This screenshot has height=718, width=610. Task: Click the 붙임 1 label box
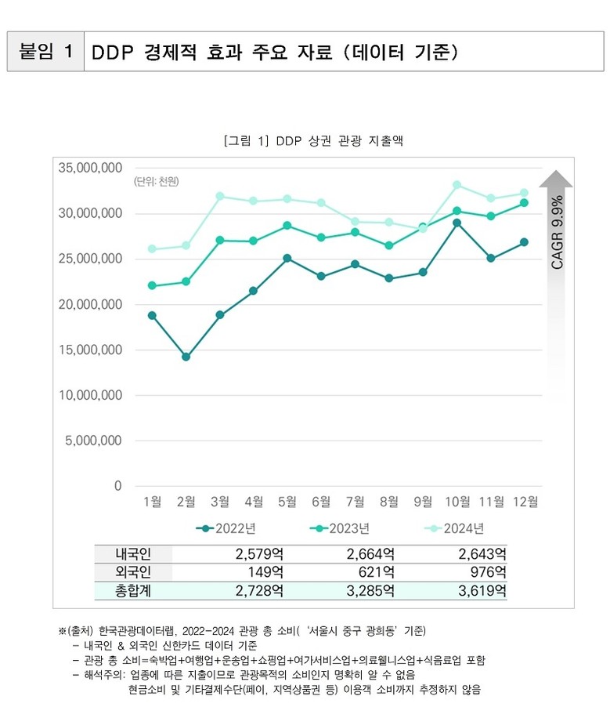(x=45, y=52)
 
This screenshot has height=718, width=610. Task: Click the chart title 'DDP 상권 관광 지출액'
(x=312, y=141)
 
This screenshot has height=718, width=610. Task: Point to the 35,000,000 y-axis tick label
(x=90, y=168)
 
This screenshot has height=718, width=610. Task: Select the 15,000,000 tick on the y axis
(x=90, y=350)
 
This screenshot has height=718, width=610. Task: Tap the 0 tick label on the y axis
(x=117, y=486)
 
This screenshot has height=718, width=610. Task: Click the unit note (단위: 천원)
(x=157, y=183)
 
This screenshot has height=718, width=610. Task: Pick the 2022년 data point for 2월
(x=186, y=357)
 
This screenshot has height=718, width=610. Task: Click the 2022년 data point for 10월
(x=456, y=223)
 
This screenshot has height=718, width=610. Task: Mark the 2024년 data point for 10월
(x=456, y=185)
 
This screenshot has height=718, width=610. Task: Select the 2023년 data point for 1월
(x=152, y=285)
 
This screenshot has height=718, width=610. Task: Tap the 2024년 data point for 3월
(x=220, y=196)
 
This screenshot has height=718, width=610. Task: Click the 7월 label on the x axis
(x=355, y=502)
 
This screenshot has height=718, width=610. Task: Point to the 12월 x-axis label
(x=524, y=502)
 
